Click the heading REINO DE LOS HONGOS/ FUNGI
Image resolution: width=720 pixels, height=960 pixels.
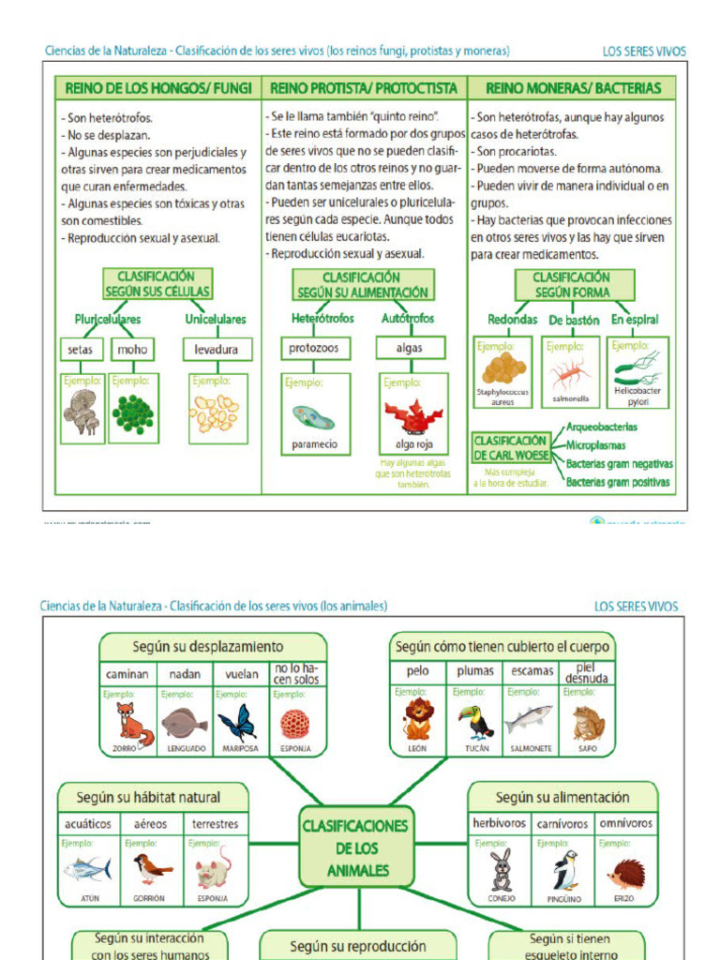[x=157, y=89]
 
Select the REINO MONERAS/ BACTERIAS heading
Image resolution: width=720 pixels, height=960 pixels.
[x=573, y=89]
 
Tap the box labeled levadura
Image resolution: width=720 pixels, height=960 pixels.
[x=217, y=350]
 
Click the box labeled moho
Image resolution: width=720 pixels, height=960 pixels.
[x=130, y=350]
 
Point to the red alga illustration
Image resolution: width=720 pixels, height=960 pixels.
[x=412, y=415]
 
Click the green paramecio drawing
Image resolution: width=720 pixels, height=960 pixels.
[x=313, y=416]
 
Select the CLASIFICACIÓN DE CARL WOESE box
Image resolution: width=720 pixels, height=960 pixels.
[x=510, y=447]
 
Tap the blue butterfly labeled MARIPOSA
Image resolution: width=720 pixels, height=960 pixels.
[x=237, y=723]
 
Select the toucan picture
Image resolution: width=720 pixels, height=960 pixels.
[x=474, y=722]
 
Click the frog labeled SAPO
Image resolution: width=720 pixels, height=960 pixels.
[x=588, y=723]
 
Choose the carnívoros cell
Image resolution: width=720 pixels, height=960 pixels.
[x=563, y=824]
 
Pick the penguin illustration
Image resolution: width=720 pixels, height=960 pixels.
[x=564, y=871]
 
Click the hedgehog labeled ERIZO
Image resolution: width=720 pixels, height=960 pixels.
[x=625, y=874]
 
